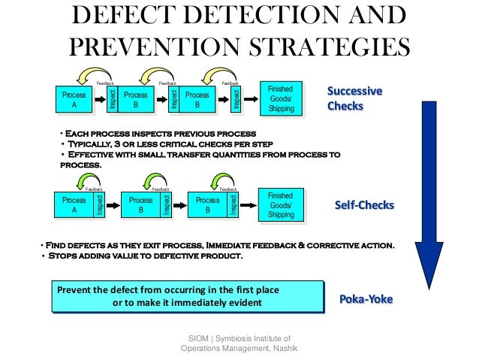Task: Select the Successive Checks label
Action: (x=354, y=98)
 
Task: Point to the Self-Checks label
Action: (x=364, y=204)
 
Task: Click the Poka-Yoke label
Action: (x=366, y=299)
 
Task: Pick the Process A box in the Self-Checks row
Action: (x=74, y=205)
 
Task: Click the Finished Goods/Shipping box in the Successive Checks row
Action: (x=281, y=98)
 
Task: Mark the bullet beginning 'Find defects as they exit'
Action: (x=218, y=245)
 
